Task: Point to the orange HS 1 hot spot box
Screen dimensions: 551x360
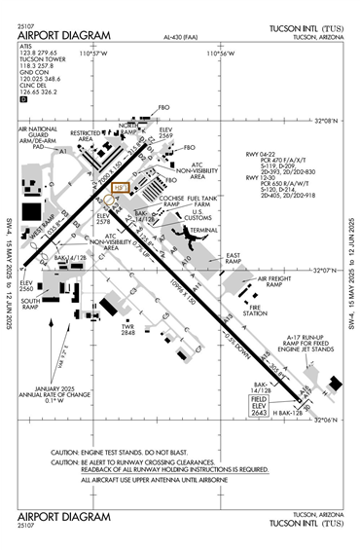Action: point(121,188)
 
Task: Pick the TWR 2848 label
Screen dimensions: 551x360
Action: point(127,328)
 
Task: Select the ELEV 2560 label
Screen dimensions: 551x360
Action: point(25,284)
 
